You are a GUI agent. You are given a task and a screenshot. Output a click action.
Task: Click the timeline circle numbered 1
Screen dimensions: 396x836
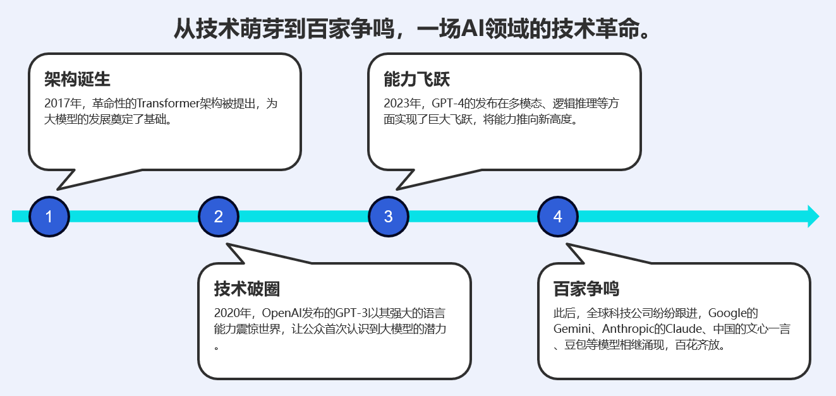(x=49, y=217)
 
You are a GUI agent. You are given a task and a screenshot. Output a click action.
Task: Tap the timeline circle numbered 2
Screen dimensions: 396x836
(x=218, y=217)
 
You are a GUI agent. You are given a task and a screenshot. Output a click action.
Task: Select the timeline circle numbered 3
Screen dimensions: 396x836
(x=388, y=217)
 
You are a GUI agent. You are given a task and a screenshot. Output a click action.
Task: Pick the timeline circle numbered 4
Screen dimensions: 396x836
(x=557, y=217)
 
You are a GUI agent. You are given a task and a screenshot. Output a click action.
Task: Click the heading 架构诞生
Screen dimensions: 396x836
(x=77, y=80)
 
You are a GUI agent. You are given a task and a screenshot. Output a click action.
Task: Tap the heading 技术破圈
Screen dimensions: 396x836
(x=246, y=289)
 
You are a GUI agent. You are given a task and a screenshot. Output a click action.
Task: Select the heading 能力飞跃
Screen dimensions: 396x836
(x=416, y=80)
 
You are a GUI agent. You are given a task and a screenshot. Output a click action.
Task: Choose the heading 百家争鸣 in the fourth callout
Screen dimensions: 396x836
(x=586, y=289)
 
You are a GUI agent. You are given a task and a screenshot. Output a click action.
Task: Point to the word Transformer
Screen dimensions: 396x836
(x=167, y=104)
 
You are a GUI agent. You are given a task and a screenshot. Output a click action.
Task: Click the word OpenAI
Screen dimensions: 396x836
(x=281, y=313)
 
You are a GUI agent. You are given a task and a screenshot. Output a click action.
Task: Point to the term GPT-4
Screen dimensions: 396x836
(x=449, y=104)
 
